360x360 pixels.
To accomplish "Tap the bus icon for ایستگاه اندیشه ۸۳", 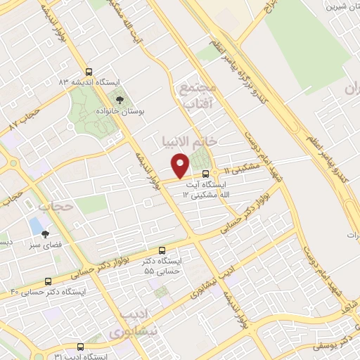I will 89,71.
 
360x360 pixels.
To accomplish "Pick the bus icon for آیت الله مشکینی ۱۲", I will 205,174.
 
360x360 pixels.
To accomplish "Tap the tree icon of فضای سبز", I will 45,235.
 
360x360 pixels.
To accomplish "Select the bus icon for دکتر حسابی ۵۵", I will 162,250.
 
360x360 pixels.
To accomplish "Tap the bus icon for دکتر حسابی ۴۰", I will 48,280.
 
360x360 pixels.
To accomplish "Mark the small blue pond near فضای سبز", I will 34,226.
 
